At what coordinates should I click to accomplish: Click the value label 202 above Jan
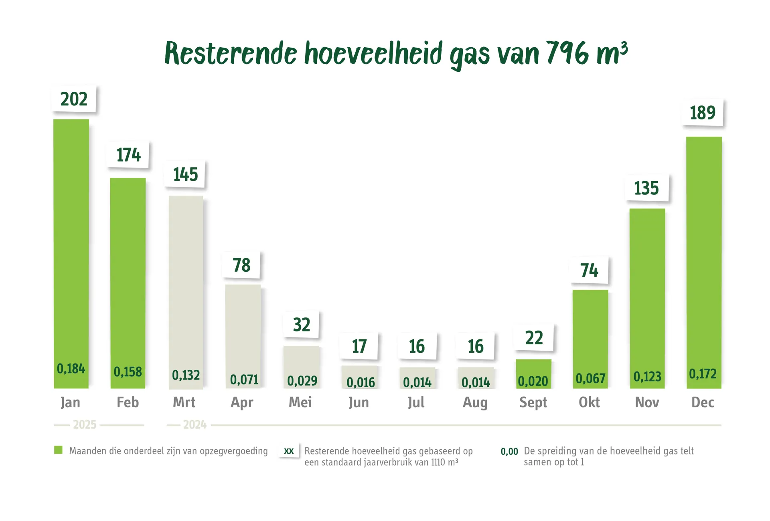pyautogui.click(x=74, y=99)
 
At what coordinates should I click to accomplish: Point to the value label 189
pyautogui.click(x=703, y=113)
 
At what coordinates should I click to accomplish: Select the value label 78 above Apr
pyautogui.click(x=241, y=265)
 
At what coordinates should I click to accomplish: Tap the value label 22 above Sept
pyautogui.click(x=534, y=338)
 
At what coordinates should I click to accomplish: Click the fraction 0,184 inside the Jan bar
pyautogui.click(x=71, y=369)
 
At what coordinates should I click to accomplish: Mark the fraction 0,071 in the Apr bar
pyautogui.click(x=244, y=380)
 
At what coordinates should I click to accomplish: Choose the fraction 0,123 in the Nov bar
pyautogui.click(x=647, y=377)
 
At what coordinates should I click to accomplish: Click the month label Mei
pyautogui.click(x=300, y=402)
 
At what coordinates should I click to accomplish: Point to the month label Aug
pyautogui.click(x=475, y=402)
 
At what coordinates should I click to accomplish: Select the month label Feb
pyautogui.click(x=128, y=402)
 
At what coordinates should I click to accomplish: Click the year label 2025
pyautogui.click(x=85, y=425)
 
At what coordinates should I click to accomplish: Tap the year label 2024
pyautogui.click(x=195, y=425)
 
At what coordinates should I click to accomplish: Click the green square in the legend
pyautogui.click(x=59, y=450)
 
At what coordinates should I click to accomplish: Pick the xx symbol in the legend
pyautogui.click(x=289, y=451)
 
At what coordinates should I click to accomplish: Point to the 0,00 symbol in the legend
pyautogui.click(x=509, y=452)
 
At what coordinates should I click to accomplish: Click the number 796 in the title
pyautogui.click(x=567, y=53)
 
